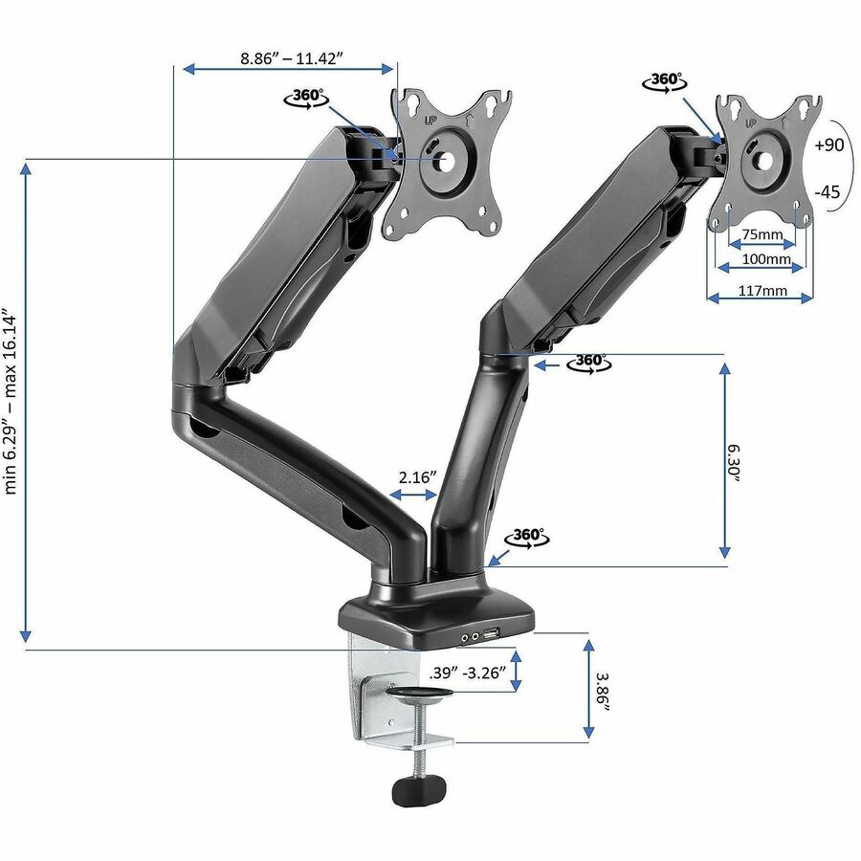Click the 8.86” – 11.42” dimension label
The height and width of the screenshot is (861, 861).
point(292,57)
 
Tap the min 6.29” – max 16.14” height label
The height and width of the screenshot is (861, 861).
point(11,405)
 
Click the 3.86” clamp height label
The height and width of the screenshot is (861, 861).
point(604,694)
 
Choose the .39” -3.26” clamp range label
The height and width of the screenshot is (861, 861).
point(467,673)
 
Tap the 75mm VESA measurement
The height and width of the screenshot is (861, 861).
point(762,234)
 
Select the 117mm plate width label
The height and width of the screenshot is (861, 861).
point(762,290)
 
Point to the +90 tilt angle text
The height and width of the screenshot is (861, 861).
point(829,145)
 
